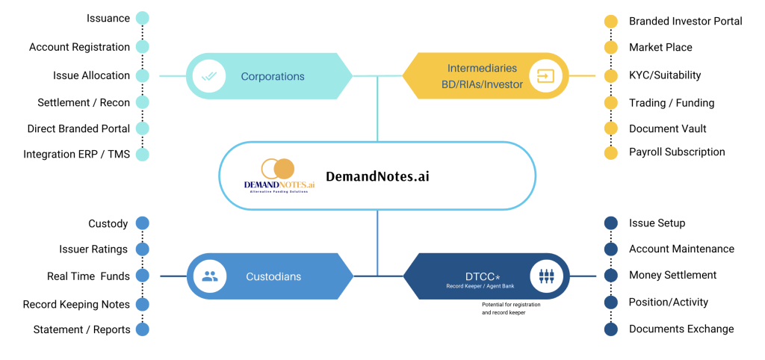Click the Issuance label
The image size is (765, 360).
coord(108,18)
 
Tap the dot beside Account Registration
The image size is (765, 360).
coord(142,47)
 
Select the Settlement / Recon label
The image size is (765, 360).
coord(84,102)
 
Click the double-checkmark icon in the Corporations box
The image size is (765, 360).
coord(208,75)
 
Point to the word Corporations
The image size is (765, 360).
coord(273,76)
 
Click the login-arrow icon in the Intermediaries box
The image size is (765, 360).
coord(545,76)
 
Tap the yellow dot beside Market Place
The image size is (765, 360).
coord(611,47)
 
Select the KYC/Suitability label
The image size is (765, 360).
coord(665,75)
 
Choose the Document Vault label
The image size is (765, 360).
coord(668,128)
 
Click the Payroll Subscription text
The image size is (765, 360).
coord(677,152)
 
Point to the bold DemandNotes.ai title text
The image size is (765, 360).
coord(378,177)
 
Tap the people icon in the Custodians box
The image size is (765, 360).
coord(210,276)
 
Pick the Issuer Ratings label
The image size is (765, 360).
coord(93,249)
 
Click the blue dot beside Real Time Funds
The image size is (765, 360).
coord(142,276)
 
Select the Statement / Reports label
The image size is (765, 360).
coord(81,329)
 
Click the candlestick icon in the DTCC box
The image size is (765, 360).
coord(545,276)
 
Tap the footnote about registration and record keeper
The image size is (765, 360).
coord(511,308)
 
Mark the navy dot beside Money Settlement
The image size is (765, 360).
coord(611,276)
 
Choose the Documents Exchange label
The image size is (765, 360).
coord(681,329)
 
